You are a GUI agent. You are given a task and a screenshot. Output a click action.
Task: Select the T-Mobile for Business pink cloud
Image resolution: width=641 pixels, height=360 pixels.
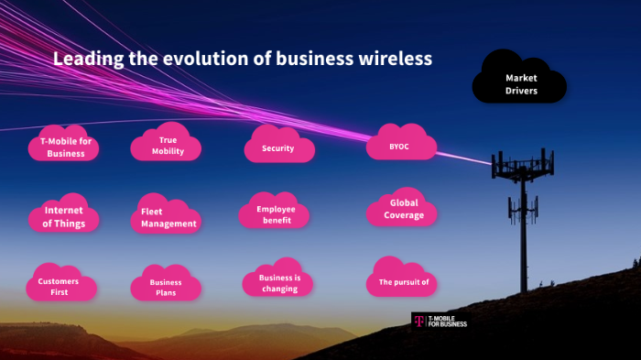[65, 147]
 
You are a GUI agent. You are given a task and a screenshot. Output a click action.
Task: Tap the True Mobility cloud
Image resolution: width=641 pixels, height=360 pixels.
[167, 145]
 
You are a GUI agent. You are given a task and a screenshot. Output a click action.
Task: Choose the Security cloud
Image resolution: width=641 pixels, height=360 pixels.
[278, 147]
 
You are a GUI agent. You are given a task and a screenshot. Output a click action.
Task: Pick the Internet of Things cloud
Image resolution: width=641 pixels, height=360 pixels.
[63, 216]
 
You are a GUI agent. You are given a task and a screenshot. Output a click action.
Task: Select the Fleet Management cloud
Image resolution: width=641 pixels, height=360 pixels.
[168, 217]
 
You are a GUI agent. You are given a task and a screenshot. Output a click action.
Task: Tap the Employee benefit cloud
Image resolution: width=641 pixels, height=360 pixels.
[277, 214]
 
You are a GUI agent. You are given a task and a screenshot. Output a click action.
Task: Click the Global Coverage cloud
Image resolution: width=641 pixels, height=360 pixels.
[402, 209]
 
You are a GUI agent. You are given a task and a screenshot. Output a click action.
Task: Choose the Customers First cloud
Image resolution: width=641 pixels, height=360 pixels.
[58, 286]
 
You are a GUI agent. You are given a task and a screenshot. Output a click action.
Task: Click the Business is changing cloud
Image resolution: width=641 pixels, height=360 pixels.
[278, 282]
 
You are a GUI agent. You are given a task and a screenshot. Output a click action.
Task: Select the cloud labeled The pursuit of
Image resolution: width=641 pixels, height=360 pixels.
[403, 281]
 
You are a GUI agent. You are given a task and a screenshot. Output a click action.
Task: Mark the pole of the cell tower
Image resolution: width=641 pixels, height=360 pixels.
[523, 229]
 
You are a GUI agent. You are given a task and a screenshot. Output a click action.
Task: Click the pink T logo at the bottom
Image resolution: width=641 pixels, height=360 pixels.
[418, 321]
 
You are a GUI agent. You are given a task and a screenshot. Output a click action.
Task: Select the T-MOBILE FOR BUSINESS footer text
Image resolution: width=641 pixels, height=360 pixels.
[448, 321]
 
